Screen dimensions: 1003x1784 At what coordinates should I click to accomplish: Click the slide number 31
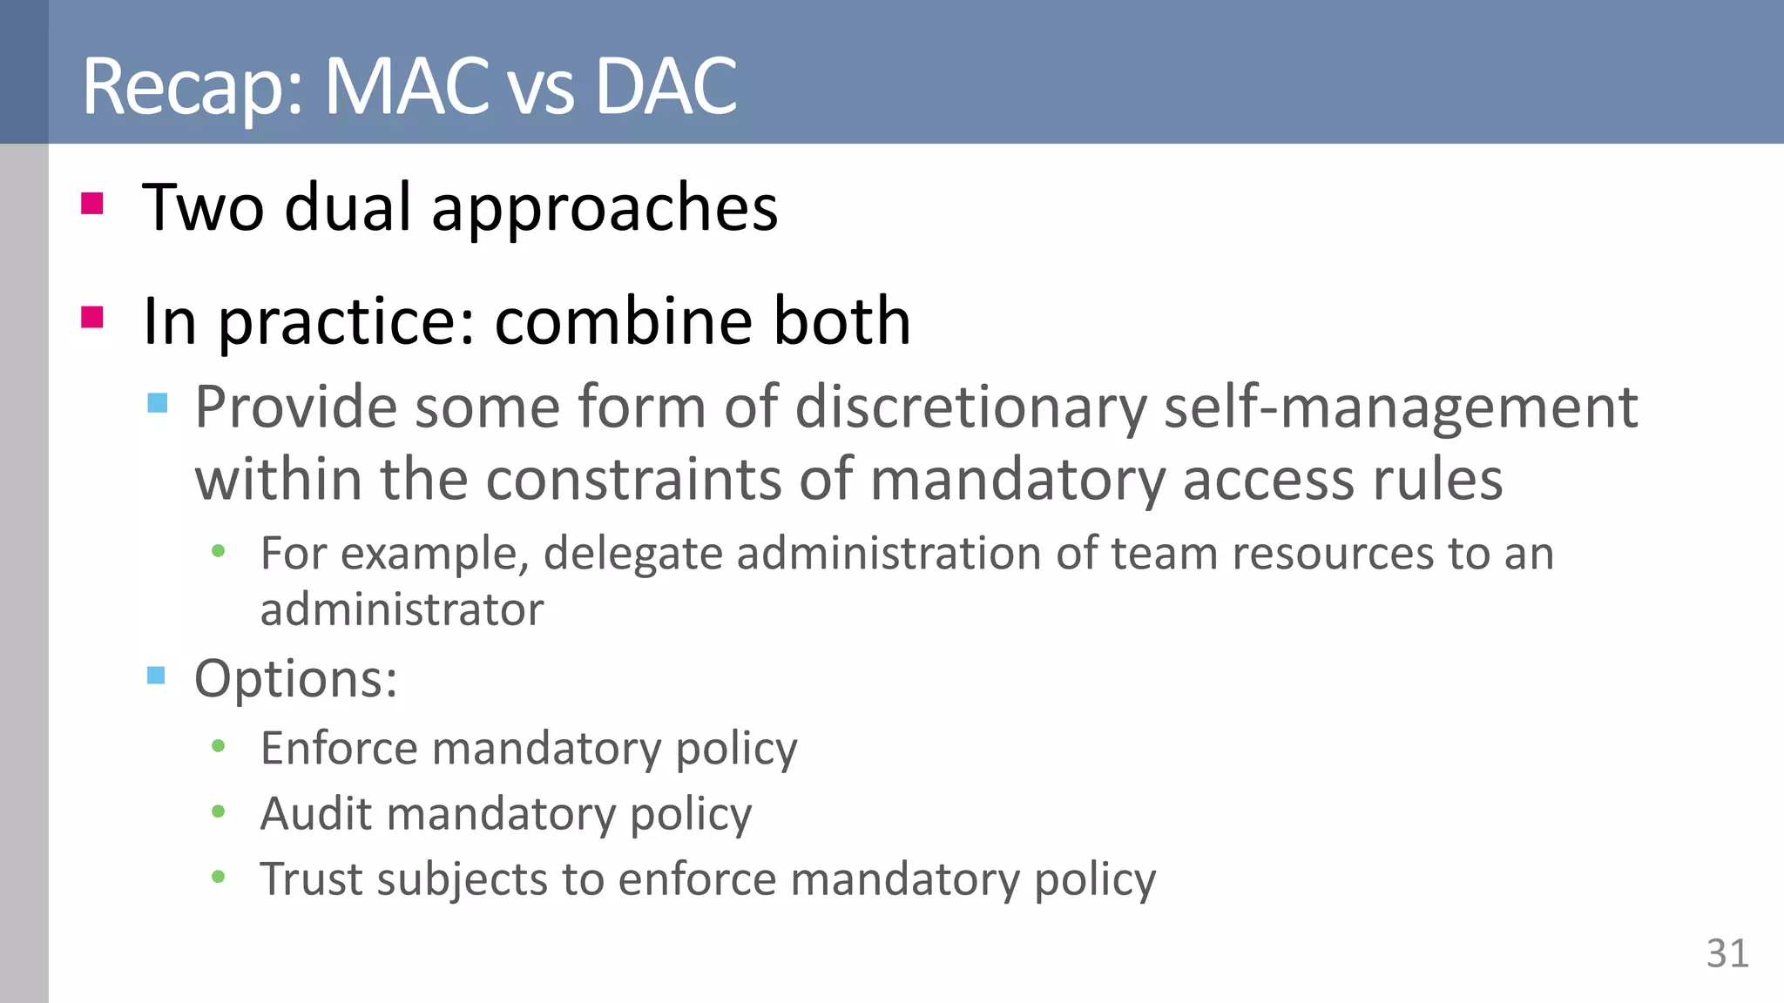tap(1727, 953)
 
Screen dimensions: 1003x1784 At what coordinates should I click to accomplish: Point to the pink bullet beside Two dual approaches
tap(92, 203)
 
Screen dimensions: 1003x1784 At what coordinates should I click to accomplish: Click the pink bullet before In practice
tap(92, 316)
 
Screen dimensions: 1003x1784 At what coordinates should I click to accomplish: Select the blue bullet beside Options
tap(157, 675)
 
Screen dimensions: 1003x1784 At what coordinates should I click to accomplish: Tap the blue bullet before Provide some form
tap(158, 402)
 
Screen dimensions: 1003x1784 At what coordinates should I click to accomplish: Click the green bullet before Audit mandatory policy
tap(219, 811)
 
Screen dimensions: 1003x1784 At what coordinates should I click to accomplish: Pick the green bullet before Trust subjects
tap(219, 877)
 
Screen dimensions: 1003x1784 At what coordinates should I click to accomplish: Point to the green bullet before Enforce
tap(219, 746)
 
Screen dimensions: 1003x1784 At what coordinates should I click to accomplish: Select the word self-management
tap(1401, 407)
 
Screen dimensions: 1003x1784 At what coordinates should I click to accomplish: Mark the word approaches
tap(605, 209)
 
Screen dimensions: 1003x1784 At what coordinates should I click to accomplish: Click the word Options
tap(295, 678)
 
